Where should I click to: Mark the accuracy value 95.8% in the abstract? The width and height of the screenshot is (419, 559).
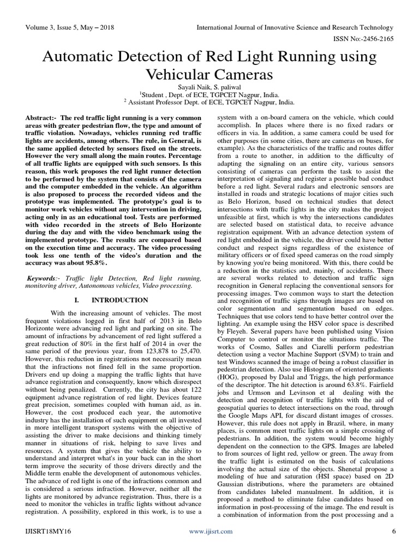point(97,263)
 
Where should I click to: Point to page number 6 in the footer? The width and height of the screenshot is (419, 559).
point(393,532)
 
